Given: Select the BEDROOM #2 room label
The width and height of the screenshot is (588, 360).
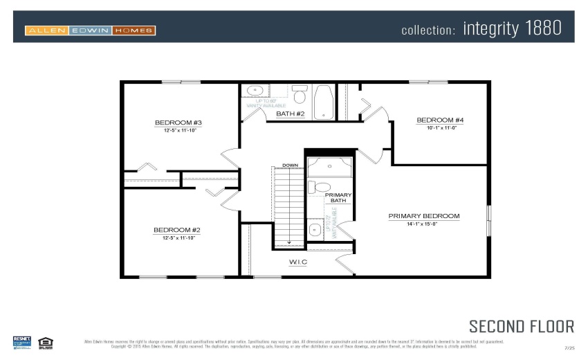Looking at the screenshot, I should tap(176, 229).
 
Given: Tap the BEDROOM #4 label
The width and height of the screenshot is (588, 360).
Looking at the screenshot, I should tap(439, 120).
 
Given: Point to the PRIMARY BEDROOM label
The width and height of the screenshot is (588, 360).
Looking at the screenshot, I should tap(423, 216).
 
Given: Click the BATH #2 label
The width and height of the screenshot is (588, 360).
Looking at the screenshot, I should tap(290, 114).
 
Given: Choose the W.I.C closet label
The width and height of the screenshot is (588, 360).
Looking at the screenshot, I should tap(297, 262).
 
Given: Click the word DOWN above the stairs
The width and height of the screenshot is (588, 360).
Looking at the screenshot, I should tap(290, 165).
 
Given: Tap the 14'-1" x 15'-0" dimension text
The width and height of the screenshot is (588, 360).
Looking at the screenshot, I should tap(423, 224).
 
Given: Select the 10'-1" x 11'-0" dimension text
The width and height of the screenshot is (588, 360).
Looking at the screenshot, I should tap(439, 128).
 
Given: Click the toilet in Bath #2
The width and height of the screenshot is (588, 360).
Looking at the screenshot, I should tap(300, 93).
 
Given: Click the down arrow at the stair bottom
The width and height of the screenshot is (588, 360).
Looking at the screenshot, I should tap(289, 242).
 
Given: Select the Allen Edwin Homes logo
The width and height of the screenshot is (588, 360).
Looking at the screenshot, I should tap(90, 30).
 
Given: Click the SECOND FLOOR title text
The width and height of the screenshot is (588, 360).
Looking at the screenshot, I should tap(521, 326).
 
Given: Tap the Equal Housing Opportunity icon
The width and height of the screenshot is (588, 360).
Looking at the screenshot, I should tap(46, 341).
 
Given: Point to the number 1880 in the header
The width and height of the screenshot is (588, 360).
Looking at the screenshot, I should tap(536, 28).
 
